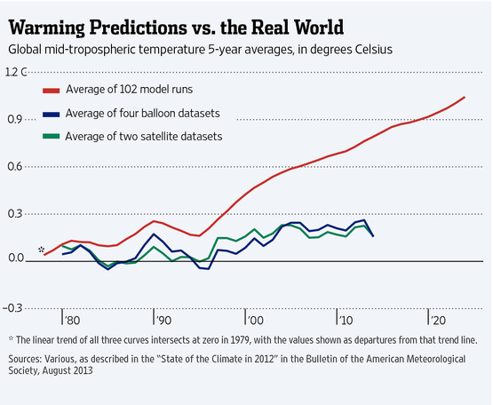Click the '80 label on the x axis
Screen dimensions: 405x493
click(71, 320)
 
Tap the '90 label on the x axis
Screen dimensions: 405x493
click(163, 320)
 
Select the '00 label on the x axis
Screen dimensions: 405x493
click(254, 320)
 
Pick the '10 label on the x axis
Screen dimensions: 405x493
click(345, 320)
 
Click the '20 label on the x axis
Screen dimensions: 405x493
click(436, 320)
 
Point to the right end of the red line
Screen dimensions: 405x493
click(465, 97)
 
